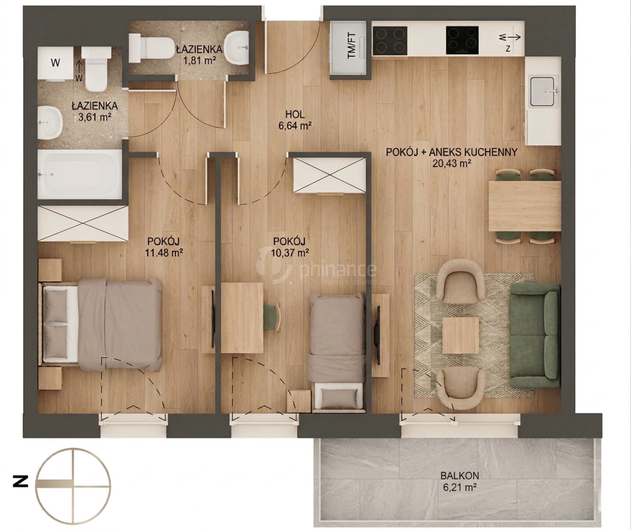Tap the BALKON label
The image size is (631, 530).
[x=460, y=476]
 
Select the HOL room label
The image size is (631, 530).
[x=295, y=115]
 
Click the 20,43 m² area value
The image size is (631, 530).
[x=452, y=164]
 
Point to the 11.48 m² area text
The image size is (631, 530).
[x=164, y=252]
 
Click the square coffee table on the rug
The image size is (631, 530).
[x=461, y=335]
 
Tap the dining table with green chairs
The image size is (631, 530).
[x=525, y=206]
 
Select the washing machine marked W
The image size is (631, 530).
[x=56, y=63]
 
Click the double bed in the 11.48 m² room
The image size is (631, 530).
[x=100, y=324]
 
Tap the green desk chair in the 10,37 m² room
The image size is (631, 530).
[x=272, y=318]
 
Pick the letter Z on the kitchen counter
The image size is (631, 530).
[x=508, y=48]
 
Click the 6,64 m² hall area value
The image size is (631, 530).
[x=295, y=125]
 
